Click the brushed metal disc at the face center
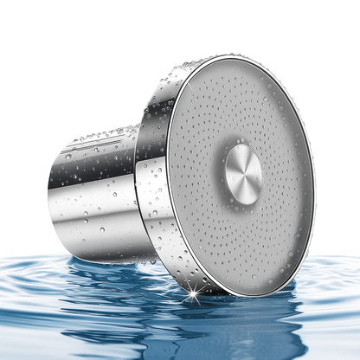[x=244, y=173]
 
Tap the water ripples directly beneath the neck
[x=95, y=277]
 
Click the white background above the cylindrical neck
[x=87, y=69]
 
